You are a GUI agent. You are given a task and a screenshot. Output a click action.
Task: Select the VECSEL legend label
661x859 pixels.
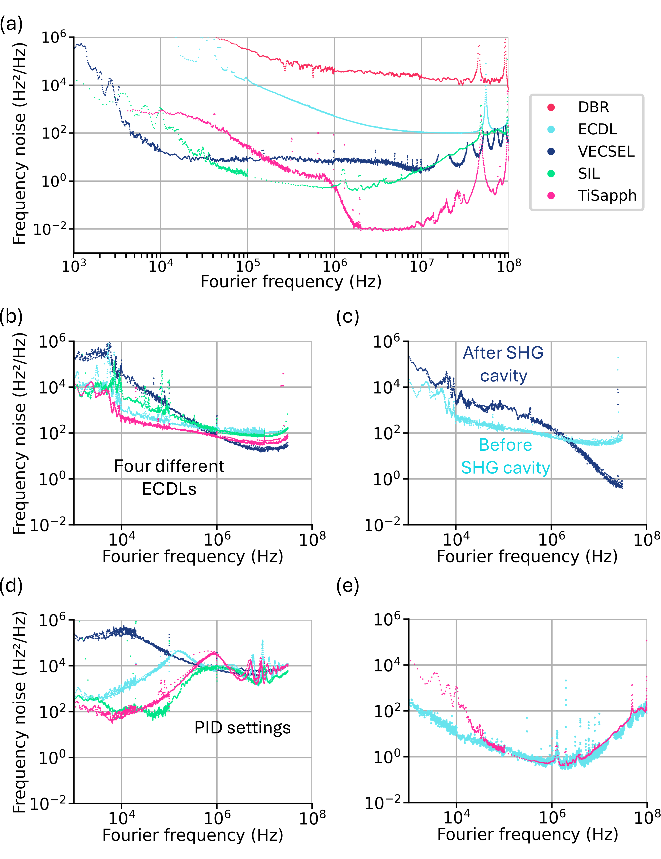pyautogui.click(x=606, y=151)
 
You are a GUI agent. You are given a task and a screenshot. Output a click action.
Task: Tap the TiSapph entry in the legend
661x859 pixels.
pyautogui.click(x=607, y=195)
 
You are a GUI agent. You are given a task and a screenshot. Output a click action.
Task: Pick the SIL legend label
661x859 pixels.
pyautogui.click(x=589, y=173)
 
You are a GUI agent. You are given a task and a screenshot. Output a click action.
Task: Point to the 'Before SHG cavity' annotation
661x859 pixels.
pyautogui.click(x=505, y=456)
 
